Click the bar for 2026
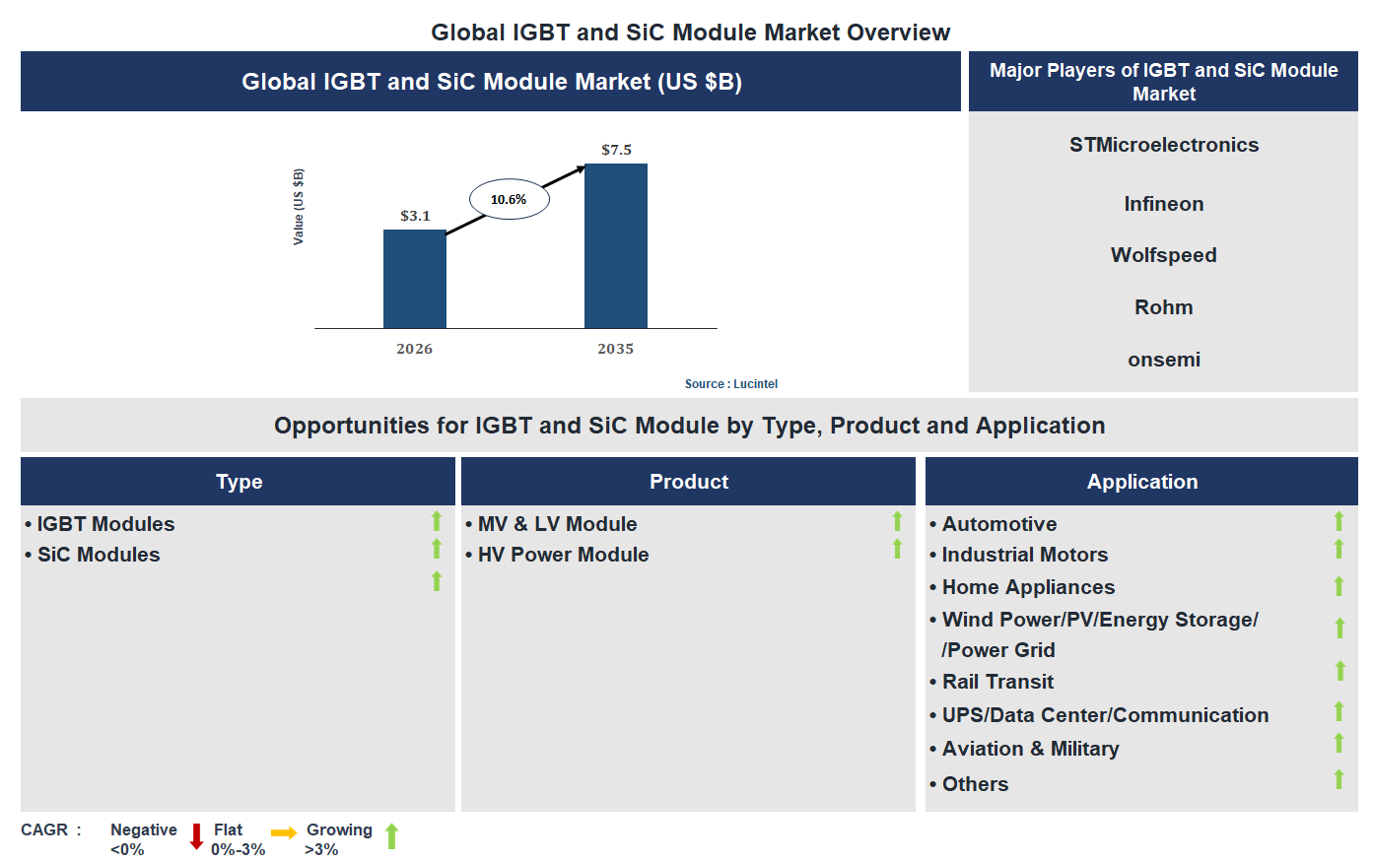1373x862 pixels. point(414,279)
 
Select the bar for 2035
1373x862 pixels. point(615,245)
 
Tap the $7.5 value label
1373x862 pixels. point(616,150)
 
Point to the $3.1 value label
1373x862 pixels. point(415,216)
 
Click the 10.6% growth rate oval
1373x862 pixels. point(509,199)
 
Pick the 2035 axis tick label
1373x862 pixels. point(615,349)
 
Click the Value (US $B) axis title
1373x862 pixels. point(298,207)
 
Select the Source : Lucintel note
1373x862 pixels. point(731,384)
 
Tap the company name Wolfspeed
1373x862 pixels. point(1163,255)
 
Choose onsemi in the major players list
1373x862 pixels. point(1163,360)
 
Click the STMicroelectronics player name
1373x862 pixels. point(1163,145)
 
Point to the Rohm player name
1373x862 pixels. point(1163,307)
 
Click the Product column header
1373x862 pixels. point(688,482)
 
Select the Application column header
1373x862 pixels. point(1141,482)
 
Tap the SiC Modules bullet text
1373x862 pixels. point(99,555)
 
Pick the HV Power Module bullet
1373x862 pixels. point(563,555)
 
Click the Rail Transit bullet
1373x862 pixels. point(997,682)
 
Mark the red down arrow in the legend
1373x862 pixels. point(196,836)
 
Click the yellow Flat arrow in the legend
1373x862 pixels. point(284,833)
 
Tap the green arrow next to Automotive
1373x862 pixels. point(1339,521)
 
